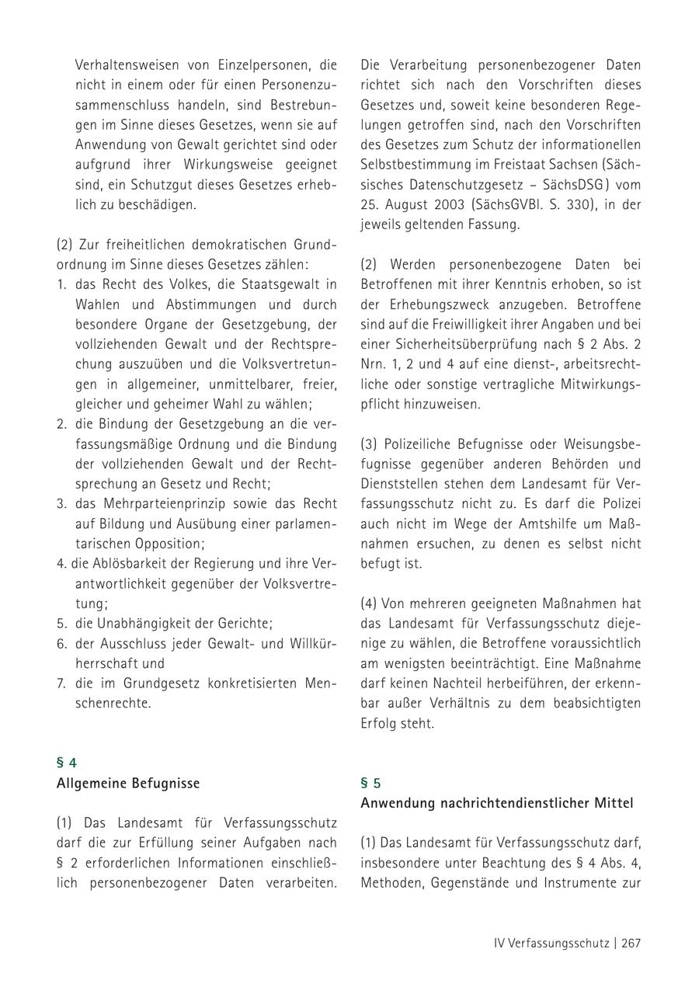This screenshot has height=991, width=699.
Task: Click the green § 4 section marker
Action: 67,763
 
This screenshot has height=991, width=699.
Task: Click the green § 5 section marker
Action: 370,783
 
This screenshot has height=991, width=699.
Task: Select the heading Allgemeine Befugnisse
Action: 128,783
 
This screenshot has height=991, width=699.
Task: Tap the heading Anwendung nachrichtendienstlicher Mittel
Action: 496,803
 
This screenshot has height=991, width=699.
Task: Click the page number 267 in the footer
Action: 630,943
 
